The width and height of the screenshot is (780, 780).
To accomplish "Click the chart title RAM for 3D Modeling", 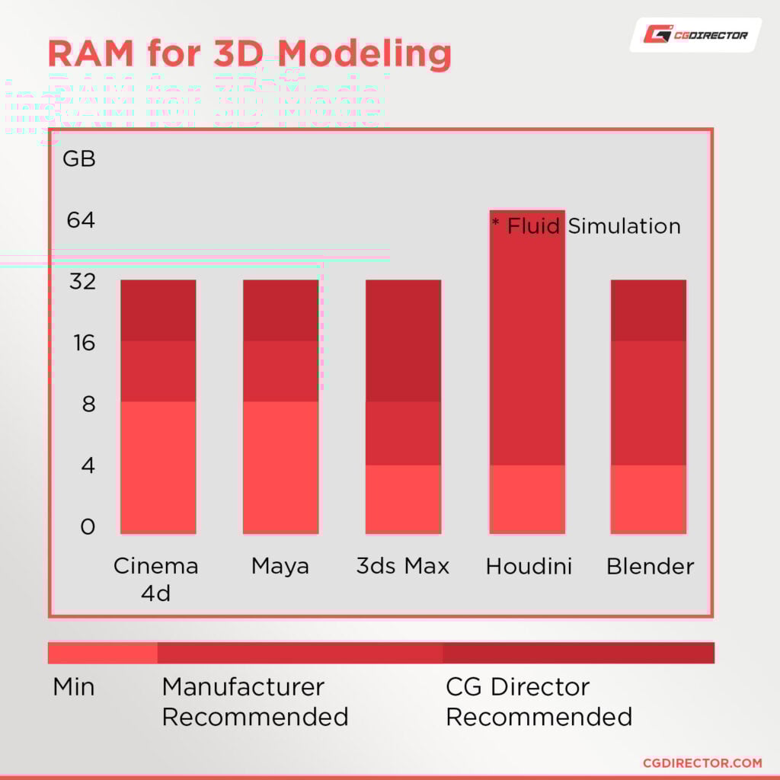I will pyautogui.click(x=249, y=54).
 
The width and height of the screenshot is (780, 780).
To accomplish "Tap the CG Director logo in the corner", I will pyautogui.click(x=695, y=34).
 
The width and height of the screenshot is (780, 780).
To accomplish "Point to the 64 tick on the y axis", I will pyautogui.click(x=81, y=220).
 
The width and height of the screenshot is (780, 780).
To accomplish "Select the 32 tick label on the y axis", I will pyautogui.click(x=81, y=282).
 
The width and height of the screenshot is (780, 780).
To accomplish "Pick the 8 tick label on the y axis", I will pyautogui.click(x=88, y=404).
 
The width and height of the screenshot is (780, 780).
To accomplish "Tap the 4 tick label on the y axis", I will pyautogui.click(x=88, y=465).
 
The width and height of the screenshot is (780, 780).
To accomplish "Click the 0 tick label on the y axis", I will pyautogui.click(x=88, y=526).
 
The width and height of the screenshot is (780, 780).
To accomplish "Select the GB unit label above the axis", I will pyautogui.click(x=79, y=159).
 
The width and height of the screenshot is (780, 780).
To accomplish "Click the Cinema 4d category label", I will pyautogui.click(x=155, y=579).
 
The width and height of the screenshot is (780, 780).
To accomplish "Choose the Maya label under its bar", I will pyautogui.click(x=280, y=567).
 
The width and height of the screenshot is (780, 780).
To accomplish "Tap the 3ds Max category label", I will pyautogui.click(x=403, y=567).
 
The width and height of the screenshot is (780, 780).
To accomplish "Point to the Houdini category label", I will pyautogui.click(x=529, y=567).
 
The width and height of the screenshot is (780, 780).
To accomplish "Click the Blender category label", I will pyautogui.click(x=650, y=567).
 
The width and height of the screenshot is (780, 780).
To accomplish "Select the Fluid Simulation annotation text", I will pyautogui.click(x=586, y=226).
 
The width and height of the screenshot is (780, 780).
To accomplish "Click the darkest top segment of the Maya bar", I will pyautogui.click(x=280, y=310).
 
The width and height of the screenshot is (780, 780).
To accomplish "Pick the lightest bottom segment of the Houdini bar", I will pyautogui.click(x=526, y=498).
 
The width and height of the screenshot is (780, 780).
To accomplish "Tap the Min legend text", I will pyautogui.click(x=74, y=687).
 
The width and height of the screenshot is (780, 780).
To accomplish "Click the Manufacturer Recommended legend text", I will pyautogui.click(x=255, y=702).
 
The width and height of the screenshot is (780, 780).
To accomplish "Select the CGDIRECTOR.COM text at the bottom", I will pyautogui.click(x=702, y=762).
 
